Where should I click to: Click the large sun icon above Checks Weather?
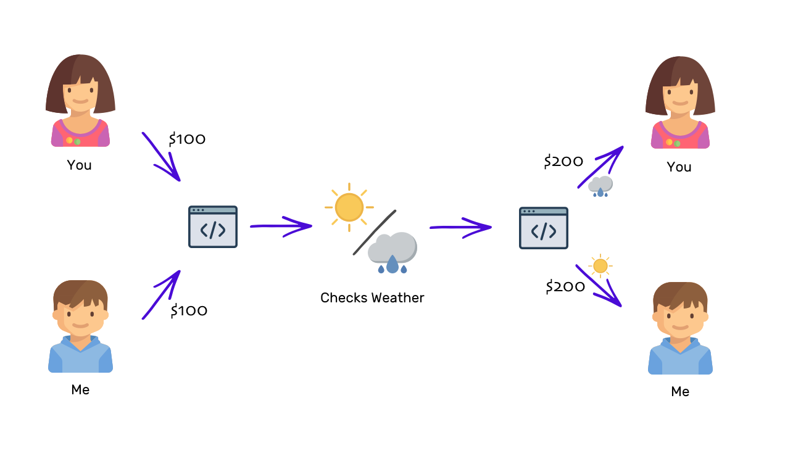point(349,207)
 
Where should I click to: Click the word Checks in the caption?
point(341,298)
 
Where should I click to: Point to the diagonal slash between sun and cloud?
point(374,233)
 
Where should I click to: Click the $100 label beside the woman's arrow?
point(188,139)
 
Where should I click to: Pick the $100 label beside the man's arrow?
point(189,310)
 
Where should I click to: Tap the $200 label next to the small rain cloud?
point(563,162)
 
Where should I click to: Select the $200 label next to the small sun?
point(565,287)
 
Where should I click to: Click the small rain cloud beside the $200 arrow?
point(600,186)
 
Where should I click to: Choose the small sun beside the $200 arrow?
point(600,266)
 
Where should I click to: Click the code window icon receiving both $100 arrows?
point(213,227)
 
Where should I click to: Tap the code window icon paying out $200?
point(544,228)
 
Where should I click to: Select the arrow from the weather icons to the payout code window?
point(460,227)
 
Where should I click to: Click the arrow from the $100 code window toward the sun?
point(281,226)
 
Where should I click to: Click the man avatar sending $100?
point(80,326)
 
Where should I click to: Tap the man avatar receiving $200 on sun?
point(680,328)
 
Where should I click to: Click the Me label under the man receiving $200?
point(680,392)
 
